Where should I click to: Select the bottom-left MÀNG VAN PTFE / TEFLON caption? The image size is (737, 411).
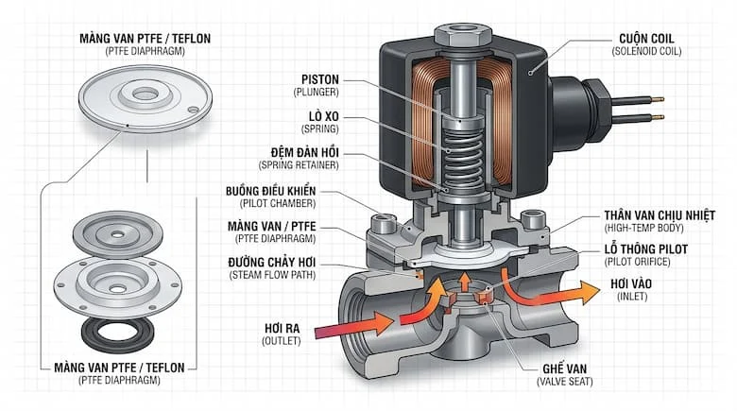119,367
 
